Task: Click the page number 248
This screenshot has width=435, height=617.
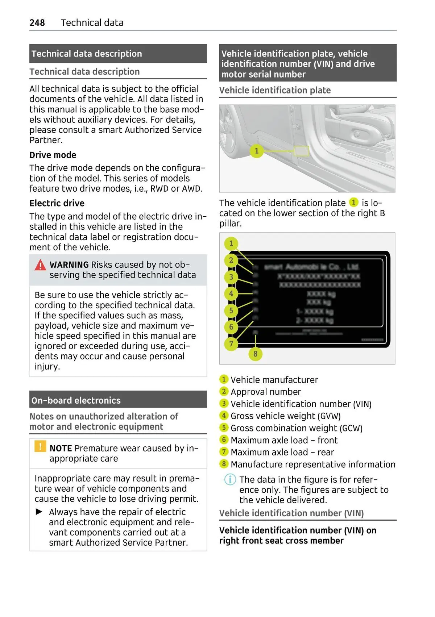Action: (x=37, y=23)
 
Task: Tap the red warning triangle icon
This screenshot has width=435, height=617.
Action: (x=40, y=265)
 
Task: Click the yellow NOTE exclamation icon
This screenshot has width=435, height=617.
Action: (x=40, y=446)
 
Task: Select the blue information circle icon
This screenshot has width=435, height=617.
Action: (x=230, y=479)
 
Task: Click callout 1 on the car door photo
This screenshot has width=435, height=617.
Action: (x=257, y=151)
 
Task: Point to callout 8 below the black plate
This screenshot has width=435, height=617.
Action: (x=255, y=354)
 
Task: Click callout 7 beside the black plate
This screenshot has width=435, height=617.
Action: (x=231, y=343)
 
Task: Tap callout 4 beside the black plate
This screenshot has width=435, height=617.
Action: (x=231, y=293)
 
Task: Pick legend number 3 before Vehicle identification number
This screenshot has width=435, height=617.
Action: (x=224, y=404)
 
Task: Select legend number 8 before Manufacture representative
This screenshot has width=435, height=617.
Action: (x=224, y=464)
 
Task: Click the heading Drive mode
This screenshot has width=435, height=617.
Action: (x=53, y=155)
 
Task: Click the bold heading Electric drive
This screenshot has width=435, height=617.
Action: (x=57, y=203)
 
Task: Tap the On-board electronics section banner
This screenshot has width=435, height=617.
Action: (x=118, y=400)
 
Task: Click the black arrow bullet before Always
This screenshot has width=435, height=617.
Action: (x=39, y=512)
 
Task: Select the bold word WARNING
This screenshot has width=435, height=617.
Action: (x=69, y=265)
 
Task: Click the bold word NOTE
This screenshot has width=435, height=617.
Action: (x=61, y=448)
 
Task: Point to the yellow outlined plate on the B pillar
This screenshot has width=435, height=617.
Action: (x=301, y=151)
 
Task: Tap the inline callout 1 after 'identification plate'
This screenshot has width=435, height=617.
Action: (x=353, y=202)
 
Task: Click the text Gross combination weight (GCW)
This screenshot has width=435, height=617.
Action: (x=297, y=428)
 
